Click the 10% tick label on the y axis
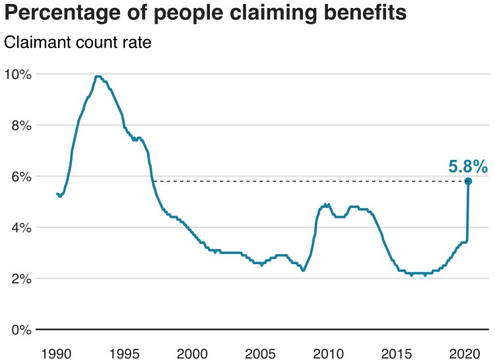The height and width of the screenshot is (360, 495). tap(17, 74)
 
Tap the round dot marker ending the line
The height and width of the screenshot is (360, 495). tap(468, 181)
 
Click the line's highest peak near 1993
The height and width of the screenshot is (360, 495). tap(98, 77)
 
